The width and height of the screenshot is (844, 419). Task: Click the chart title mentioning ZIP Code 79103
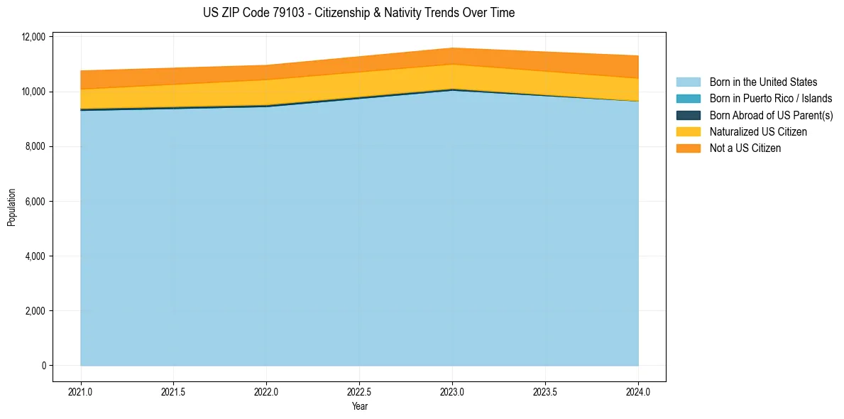[358, 13]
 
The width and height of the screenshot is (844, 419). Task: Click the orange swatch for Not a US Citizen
[688, 148]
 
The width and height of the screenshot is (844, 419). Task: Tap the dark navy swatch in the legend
[688, 115]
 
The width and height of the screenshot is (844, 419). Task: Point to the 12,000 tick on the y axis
[33, 37]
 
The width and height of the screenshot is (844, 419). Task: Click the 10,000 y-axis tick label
[33, 92]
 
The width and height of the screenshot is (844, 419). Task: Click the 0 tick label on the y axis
[43, 366]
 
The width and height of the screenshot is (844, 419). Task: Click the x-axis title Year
[359, 407]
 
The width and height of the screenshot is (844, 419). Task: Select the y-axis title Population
[11, 207]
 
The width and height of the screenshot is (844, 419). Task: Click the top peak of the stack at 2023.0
[452, 48]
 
